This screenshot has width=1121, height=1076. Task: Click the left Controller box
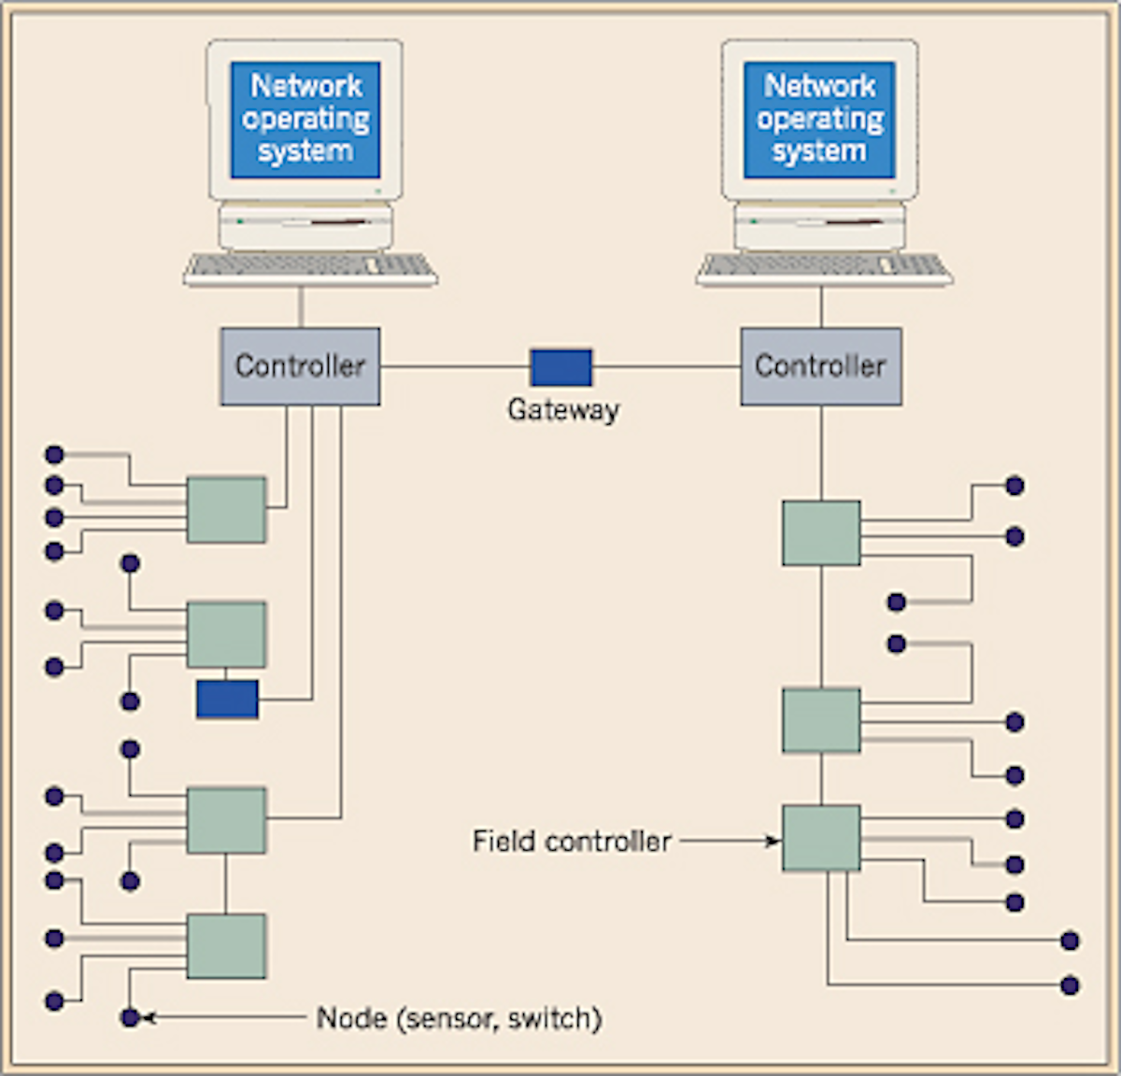point(300,366)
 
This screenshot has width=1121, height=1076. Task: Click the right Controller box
point(821,366)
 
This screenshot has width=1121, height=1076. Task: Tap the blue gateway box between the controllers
point(561,367)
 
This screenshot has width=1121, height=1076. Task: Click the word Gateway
point(563,410)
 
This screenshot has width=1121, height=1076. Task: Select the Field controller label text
point(572,842)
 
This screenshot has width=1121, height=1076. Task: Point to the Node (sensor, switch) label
point(459,1018)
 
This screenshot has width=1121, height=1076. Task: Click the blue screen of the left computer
point(305,120)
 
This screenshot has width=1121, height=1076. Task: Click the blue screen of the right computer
point(819,120)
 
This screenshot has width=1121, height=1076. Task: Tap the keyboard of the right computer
point(824,268)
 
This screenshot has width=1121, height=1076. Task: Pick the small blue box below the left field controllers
point(227,700)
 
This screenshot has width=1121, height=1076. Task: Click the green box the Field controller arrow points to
point(821,838)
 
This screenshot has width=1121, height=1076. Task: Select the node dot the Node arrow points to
point(131,1017)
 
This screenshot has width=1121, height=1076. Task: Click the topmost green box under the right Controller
point(821,533)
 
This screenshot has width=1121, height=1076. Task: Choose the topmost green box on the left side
point(226,510)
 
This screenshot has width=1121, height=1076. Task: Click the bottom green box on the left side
point(226,946)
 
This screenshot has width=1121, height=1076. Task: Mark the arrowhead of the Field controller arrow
point(773,842)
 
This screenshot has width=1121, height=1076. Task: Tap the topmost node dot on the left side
point(54,455)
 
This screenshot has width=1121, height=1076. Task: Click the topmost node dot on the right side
point(1015,486)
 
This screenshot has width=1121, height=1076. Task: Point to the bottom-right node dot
point(1071,985)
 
